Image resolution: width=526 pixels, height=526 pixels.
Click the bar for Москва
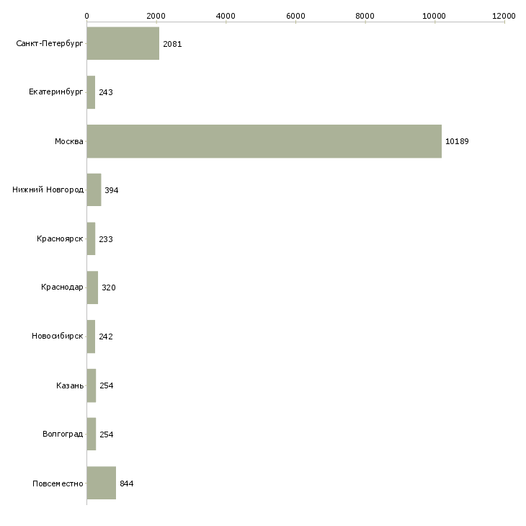point(264,141)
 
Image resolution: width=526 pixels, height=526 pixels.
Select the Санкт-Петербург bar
point(123,43)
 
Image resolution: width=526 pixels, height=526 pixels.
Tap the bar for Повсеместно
point(102,483)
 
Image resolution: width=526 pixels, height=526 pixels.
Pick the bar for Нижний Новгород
point(94,190)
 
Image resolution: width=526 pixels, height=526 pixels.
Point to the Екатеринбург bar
point(92,92)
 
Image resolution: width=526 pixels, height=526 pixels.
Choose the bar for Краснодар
point(92,287)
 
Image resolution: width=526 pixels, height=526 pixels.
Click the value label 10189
point(457,141)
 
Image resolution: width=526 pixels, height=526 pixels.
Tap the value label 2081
point(172,44)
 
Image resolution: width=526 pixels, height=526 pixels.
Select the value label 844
point(127,483)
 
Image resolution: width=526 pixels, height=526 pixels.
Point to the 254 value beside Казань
point(107,385)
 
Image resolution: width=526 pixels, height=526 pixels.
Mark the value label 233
point(106,239)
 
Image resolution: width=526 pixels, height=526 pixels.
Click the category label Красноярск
point(60,239)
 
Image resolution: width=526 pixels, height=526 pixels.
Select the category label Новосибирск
point(58,336)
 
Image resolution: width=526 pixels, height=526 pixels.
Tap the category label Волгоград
point(63,434)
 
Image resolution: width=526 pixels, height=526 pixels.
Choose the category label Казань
point(70,385)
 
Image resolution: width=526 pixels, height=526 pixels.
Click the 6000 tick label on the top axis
point(295,16)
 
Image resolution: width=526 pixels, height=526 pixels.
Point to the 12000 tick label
point(504,16)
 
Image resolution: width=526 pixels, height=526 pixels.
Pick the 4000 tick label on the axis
point(226,16)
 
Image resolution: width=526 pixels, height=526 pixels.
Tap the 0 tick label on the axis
point(87,16)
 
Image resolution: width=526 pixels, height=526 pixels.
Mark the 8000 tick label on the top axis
point(365,16)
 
